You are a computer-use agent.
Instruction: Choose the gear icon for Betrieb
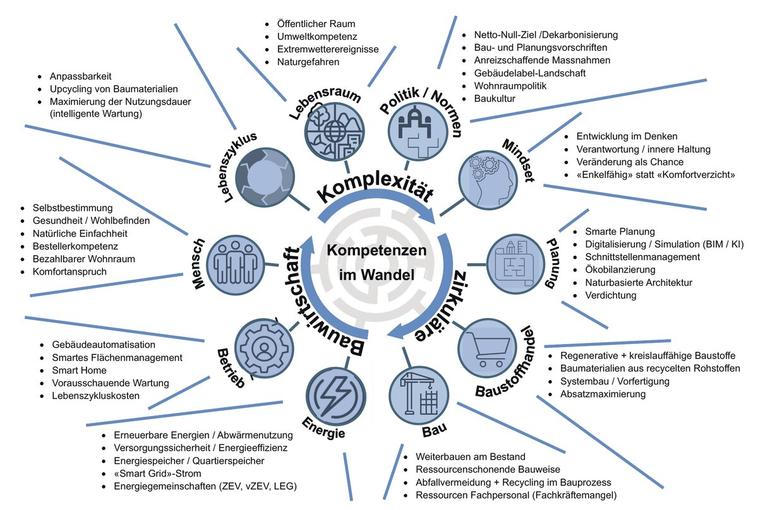262,347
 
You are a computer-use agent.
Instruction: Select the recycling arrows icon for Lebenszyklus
264,179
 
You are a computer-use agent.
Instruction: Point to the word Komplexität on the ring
375,185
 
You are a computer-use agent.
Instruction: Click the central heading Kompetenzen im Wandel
376,262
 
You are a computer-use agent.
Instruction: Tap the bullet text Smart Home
79,371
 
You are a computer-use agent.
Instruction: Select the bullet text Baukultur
495,98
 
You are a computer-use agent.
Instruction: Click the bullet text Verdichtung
610,295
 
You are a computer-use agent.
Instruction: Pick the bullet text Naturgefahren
308,62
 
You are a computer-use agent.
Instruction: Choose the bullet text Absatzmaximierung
603,394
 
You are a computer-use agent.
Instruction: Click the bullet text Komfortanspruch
69,272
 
